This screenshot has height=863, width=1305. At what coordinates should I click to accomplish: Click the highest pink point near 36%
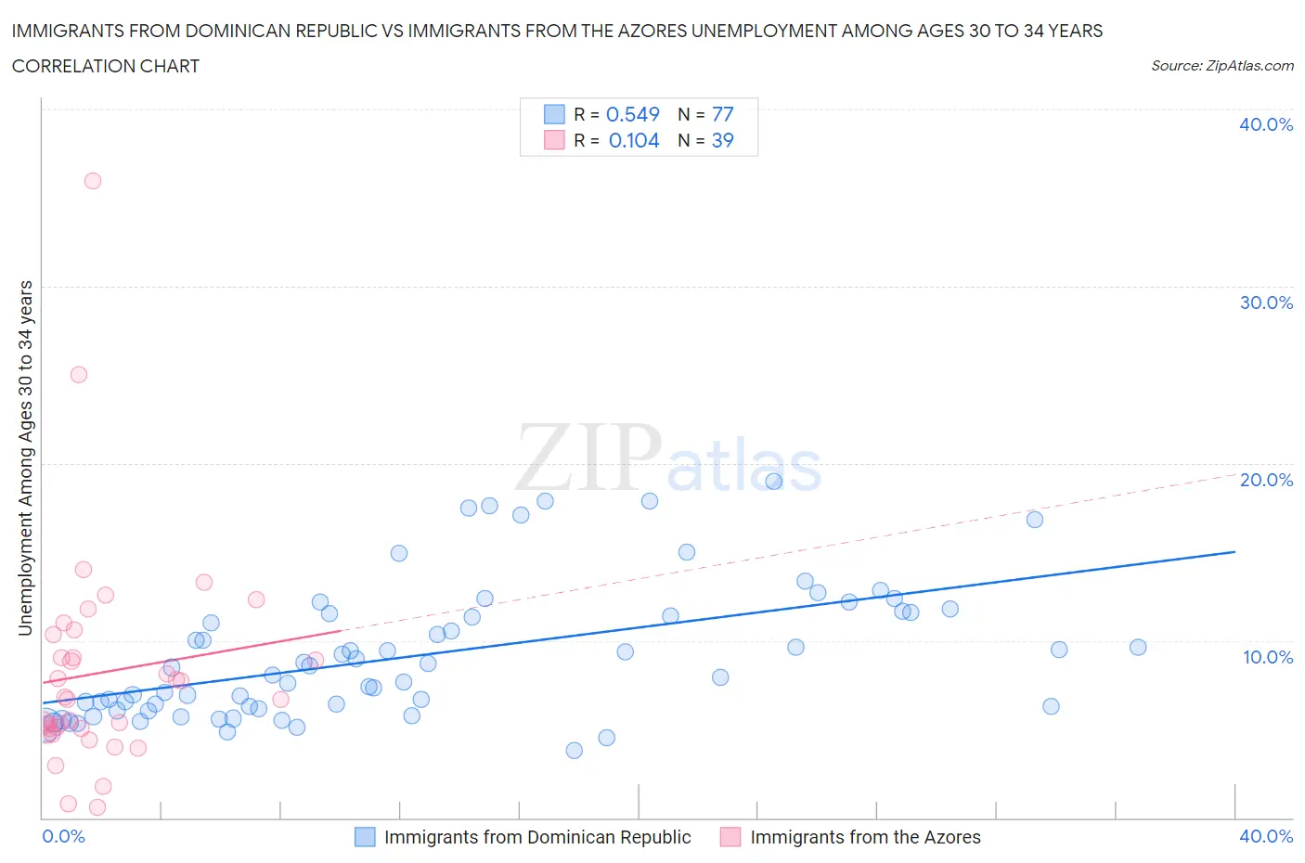93,181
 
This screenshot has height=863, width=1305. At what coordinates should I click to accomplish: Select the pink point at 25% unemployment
79,375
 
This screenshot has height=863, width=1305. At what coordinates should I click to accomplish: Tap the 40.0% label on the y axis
1266,124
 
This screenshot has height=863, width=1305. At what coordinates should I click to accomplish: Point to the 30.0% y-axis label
1266,303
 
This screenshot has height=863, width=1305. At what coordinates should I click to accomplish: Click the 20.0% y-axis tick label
1266,480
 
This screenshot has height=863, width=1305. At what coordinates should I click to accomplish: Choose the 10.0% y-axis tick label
1266,657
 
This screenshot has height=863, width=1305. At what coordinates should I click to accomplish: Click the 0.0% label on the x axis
63,836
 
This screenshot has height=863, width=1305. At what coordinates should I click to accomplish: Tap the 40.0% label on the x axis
1266,836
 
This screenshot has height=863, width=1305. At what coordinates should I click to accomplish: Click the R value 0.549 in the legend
632,114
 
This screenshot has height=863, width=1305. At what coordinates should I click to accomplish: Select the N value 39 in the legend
722,140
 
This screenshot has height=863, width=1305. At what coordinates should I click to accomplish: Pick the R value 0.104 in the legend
634,140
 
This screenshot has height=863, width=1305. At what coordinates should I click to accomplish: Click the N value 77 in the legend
722,114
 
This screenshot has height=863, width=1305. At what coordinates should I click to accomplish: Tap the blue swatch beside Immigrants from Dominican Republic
366,837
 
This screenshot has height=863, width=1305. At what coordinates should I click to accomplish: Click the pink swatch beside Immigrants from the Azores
731,837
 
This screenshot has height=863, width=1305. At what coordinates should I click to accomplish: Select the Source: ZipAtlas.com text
1221,65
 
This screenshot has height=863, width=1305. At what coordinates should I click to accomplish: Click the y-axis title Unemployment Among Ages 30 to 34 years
25,458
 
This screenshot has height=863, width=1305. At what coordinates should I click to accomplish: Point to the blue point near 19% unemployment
774,481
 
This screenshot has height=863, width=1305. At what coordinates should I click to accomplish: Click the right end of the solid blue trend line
1234,552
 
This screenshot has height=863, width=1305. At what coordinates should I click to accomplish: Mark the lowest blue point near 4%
575,750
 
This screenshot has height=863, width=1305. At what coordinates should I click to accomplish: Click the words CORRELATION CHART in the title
106,66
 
